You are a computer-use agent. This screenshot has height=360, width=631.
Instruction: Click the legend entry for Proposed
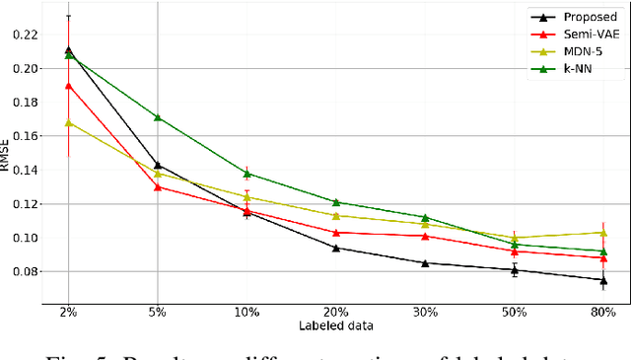[x=590, y=17]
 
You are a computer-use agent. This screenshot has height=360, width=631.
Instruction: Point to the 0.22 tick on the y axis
[x=22, y=35]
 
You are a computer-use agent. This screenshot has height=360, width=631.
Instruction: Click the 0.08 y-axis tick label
[x=22, y=271]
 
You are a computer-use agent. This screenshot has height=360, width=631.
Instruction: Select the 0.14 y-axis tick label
[x=22, y=170]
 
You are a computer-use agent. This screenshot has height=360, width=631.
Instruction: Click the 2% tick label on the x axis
[x=68, y=312]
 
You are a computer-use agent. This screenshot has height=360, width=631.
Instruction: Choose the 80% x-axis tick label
[x=603, y=312]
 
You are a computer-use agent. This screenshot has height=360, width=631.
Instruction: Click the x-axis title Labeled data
[x=335, y=325]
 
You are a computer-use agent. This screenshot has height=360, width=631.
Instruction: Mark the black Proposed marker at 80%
[x=603, y=280]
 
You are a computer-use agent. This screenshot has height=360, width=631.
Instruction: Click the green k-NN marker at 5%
[x=158, y=117]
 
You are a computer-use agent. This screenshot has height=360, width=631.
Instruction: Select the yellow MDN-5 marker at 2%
[x=68, y=122]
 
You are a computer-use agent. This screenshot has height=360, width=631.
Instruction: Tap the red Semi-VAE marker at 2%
[x=68, y=86]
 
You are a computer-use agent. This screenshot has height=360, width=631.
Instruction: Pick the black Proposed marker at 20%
[x=335, y=248]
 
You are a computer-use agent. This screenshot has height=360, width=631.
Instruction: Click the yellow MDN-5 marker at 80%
[x=603, y=232]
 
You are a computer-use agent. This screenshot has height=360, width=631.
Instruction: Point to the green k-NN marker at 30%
[x=425, y=217]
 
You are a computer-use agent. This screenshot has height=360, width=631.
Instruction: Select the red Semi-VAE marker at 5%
[x=158, y=186]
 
